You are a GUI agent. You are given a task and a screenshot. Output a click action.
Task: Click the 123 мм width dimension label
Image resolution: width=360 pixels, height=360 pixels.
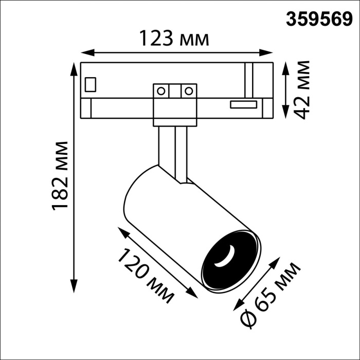tap(174, 38)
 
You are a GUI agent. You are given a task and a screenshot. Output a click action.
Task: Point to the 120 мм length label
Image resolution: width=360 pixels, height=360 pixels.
tap(146, 275)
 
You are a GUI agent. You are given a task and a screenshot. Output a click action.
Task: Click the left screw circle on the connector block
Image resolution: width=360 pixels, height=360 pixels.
tap(161, 91)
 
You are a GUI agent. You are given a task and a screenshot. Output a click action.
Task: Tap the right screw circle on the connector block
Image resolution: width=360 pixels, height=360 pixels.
tap(189, 91)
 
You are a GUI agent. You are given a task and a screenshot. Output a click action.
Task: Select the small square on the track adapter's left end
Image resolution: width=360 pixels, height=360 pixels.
tap(91, 83)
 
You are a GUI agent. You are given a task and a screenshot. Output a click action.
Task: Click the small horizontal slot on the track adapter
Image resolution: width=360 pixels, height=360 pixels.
tap(243, 104)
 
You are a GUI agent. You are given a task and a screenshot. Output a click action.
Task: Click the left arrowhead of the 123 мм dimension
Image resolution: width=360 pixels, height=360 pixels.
tap(85, 52)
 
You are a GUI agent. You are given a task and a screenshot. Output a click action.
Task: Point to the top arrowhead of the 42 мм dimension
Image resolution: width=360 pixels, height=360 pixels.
tap(286, 66)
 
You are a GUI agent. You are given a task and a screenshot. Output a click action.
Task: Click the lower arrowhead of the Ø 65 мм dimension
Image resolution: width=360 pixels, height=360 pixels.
tap(238, 308)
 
